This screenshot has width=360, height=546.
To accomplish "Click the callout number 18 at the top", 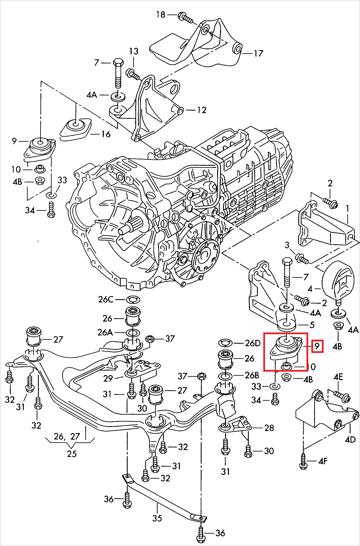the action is tap(161, 14).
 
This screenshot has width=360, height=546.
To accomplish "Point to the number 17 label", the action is tap(258, 53).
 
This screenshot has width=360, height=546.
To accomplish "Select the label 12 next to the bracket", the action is tap(201, 110).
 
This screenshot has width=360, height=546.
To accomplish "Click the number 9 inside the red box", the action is tap(317, 346).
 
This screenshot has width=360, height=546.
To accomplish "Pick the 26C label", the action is tap(105, 299).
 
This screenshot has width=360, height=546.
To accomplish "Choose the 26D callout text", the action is tap(252, 343).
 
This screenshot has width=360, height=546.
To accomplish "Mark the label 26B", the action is tap(252, 376).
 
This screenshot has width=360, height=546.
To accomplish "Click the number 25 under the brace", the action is tap(72, 454).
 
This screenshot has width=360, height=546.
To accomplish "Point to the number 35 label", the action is tap(158, 518).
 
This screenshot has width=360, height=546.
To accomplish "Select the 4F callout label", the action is tap(323, 462).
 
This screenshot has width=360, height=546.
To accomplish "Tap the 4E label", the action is tap(338, 377).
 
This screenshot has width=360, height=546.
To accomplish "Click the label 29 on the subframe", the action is tap(108, 379).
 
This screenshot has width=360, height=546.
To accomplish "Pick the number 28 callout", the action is tap(269, 428).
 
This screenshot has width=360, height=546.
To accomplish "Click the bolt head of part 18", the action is tap(182, 16).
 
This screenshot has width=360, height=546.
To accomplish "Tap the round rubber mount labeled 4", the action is tap(336, 280).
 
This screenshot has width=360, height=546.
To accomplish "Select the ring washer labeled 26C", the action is tap(132, 299).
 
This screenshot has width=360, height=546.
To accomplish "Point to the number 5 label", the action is tap(312, 325).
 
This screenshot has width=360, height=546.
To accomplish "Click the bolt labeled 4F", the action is tap(303, 459).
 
